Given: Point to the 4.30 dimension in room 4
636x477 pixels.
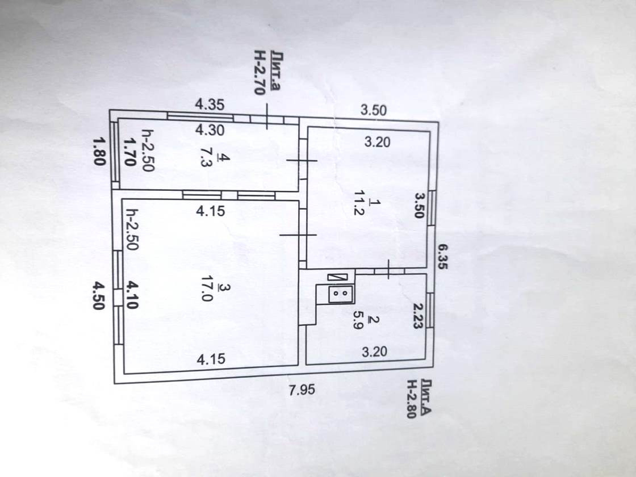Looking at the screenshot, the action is click(210, 130).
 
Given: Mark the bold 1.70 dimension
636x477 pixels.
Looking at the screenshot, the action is click(129, 151).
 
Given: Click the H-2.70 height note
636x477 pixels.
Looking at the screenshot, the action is click(260, 74).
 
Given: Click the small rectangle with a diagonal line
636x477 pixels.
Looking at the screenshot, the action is click(337, 277).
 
